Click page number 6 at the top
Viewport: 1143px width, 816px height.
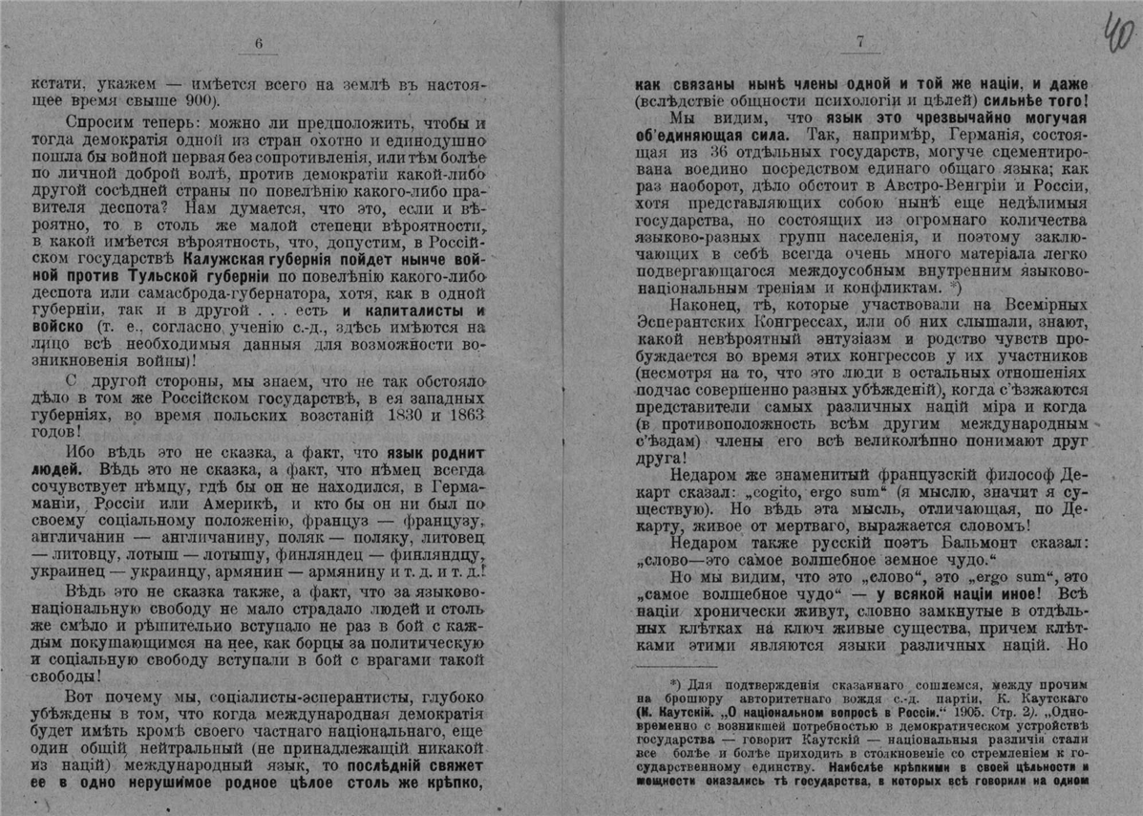point(258,42)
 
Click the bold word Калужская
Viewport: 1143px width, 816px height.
point(234,258)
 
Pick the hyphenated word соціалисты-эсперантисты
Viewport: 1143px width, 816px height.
point(284,694)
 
